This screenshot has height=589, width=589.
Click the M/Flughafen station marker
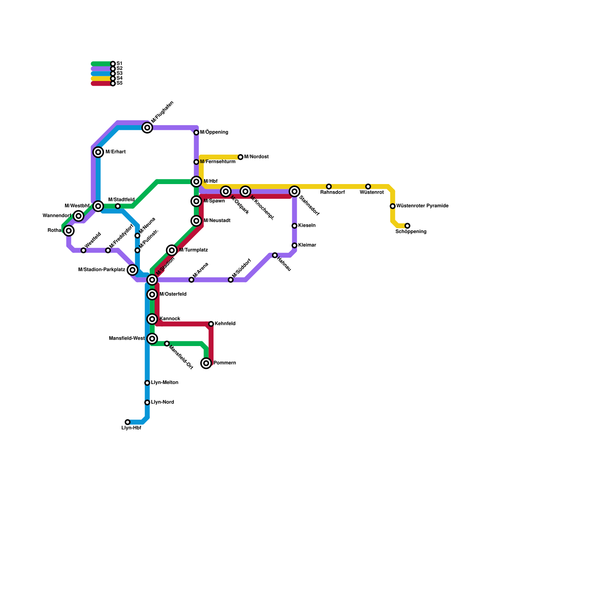coord(147,128)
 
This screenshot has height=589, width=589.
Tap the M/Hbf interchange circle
coord(196,181)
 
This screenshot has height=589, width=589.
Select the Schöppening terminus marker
coord(407,226)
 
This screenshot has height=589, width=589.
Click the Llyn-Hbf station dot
coord(127,422)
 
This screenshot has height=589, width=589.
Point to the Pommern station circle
coord(206,363)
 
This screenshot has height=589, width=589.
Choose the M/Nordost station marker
coord(240,157)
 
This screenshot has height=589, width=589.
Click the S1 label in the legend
coord(119,64)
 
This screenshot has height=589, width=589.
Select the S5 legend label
coord(119,83)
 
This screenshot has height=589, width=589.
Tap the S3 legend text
coord(119,73)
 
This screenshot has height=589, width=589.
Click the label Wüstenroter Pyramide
coord(422,206)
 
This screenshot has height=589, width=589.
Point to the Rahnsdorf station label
coord(332,192)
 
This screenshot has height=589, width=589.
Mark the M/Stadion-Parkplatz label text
coord(102,270)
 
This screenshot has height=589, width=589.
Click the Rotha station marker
coord(69,230)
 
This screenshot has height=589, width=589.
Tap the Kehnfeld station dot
coord(211,324)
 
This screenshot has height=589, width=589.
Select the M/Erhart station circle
coord(98,152)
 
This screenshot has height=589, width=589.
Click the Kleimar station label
coord(307,245)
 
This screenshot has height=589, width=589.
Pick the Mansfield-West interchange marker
coord(152,339)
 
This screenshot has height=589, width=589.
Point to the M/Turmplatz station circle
coord(172,250)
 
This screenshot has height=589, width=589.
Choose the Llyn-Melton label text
coord(165,383)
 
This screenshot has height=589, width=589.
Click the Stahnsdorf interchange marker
coord(294,191)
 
